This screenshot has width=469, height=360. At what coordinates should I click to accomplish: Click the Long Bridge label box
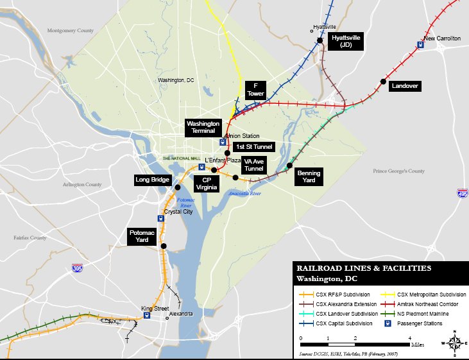[x=152, y=180]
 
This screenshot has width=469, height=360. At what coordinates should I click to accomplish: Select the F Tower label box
[x=255, y=89]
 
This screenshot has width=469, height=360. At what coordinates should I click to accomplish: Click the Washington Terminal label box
[x=203, y=127]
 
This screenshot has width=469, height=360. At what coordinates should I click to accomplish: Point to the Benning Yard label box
[x=309, y=176]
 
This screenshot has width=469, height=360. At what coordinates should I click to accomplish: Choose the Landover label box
[x=405, y=86]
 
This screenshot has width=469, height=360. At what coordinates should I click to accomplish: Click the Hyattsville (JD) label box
[x=345, y=42]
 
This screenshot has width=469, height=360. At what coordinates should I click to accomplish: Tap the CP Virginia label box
[x=207, y=184]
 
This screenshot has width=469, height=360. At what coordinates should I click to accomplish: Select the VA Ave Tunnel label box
[x=254, y=165]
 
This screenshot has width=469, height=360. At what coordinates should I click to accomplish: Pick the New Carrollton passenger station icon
[x=420, y=44]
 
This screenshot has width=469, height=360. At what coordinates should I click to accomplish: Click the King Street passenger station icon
[x=148, y=315]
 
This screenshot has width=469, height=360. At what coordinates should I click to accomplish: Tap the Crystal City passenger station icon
[x=160, y=218]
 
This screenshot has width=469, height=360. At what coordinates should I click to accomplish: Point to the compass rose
[x=455, y=343]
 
